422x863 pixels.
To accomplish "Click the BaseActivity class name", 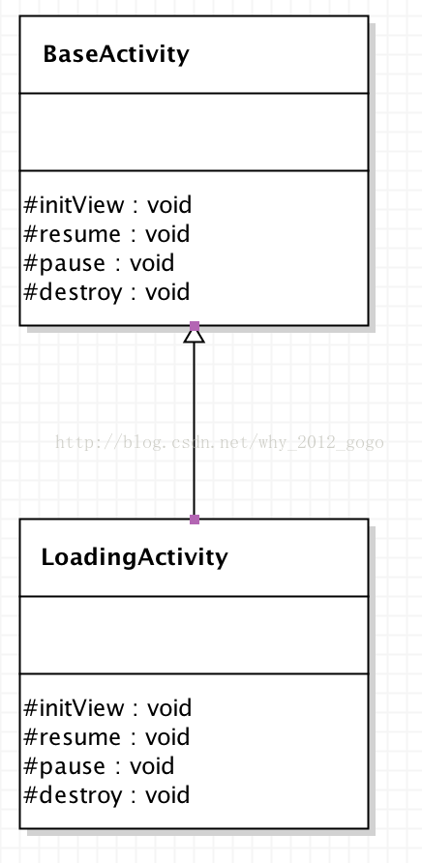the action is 116,54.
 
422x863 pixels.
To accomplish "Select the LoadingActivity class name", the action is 135,557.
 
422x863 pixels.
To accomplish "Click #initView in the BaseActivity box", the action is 75,205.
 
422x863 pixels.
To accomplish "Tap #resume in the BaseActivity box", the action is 73,234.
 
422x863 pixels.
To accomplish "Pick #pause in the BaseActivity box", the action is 65,263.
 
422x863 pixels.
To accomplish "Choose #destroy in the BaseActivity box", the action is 73,292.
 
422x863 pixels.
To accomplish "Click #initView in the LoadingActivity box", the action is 75,708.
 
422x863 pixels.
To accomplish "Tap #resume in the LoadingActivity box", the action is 73,737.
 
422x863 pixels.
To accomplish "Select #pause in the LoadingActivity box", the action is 65,766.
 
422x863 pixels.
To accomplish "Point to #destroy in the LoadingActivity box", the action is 73,795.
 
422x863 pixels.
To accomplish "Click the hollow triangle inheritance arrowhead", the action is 194,335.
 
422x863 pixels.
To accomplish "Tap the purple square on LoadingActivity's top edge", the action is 194,519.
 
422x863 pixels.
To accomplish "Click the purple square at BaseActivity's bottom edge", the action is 194,326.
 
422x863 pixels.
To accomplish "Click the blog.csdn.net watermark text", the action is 220,442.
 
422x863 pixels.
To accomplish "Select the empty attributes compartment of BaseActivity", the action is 194,133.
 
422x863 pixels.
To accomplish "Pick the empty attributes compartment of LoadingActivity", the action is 194,635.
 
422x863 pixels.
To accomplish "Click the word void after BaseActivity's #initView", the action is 169,205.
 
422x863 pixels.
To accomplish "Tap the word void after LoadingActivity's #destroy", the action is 167,795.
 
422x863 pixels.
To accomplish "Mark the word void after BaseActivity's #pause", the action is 152,263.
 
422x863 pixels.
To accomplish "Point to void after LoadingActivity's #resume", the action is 167,737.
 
